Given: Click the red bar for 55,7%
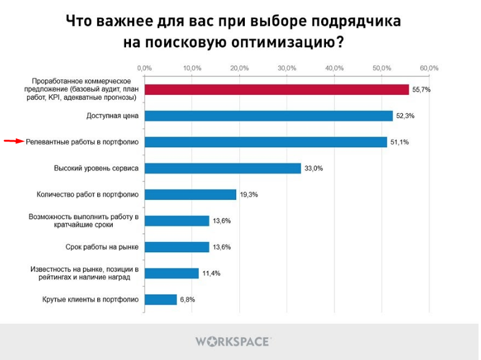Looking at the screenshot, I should (277, 89).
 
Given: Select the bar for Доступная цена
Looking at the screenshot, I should (268, 116).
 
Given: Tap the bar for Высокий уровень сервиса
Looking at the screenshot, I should (223, 168).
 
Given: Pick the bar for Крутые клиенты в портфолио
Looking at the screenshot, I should (161, 300).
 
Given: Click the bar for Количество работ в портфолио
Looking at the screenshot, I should (190, 194).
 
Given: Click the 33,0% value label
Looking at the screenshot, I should (314, 168).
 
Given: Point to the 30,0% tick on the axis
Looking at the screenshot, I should (287, 67).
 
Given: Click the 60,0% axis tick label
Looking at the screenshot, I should (429, 67).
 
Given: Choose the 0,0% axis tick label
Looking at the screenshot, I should (145, 67).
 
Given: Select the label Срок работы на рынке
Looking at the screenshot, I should (101, 247).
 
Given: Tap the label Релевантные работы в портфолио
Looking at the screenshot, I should (82, 142).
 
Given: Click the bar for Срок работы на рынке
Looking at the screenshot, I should (177, 247).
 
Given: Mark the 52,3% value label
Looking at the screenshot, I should (405, 116).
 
